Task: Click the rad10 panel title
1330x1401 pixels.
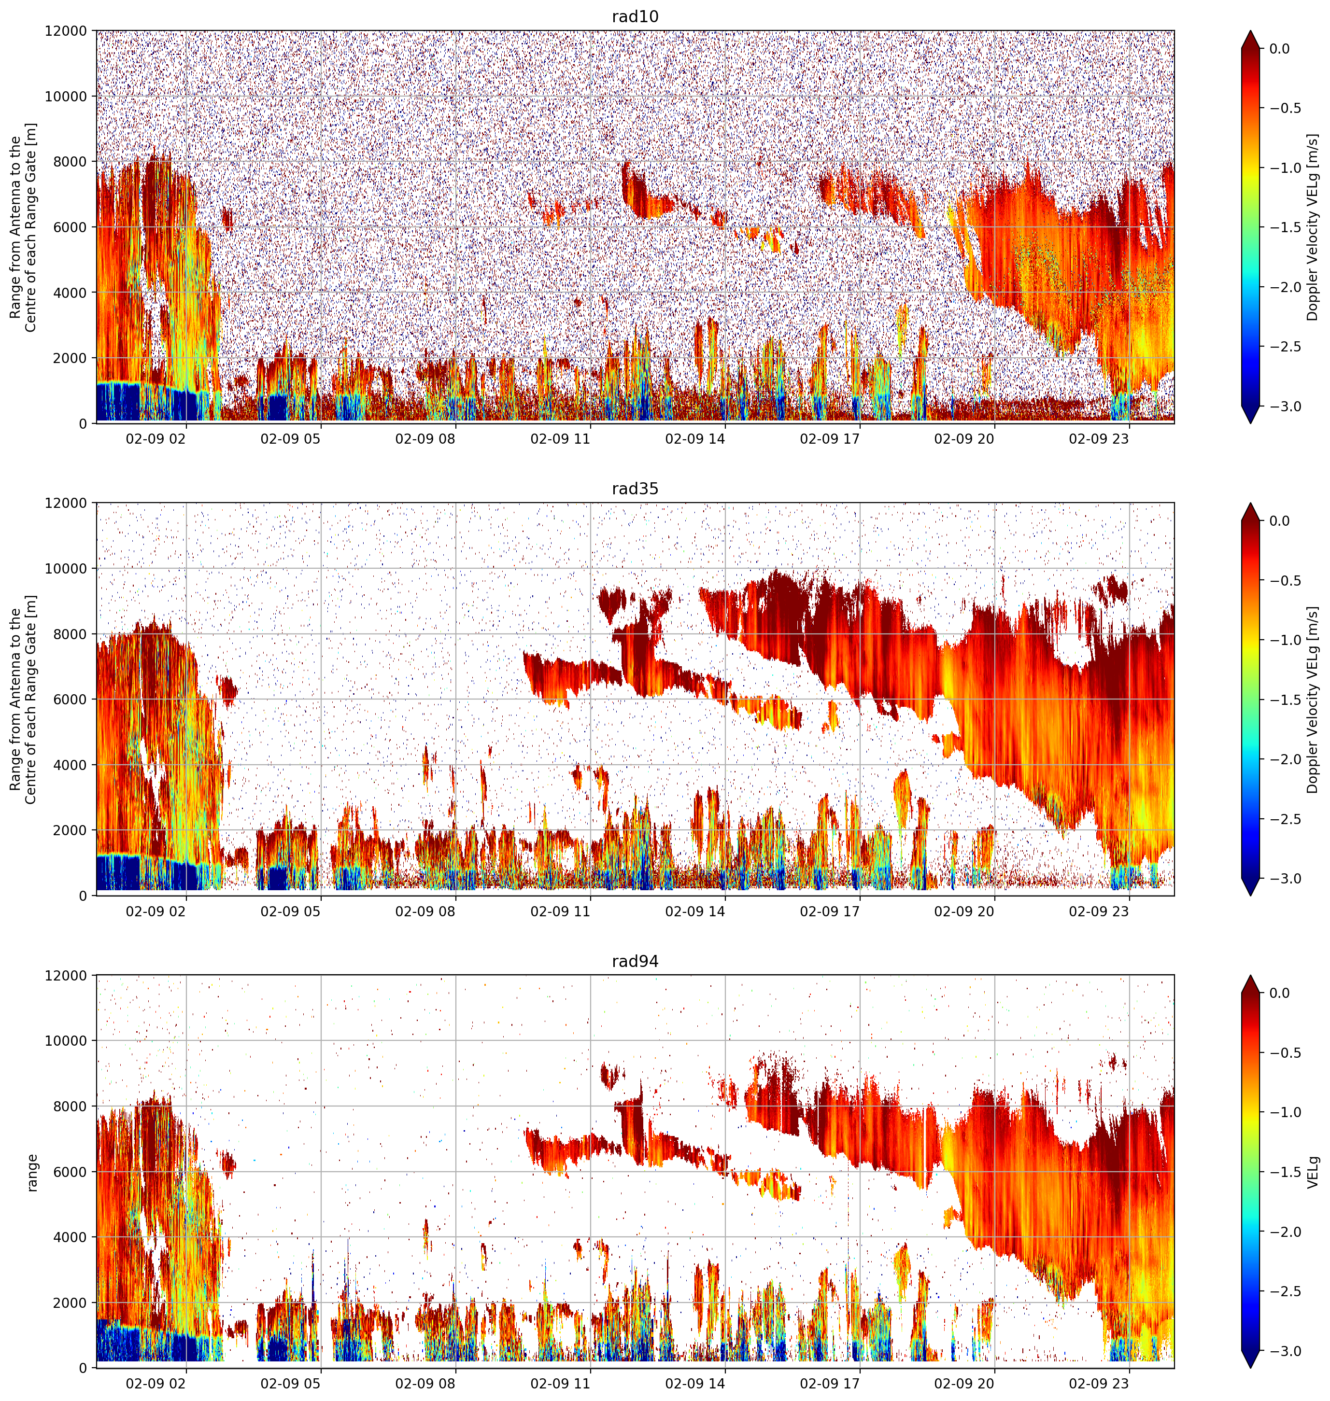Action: pos(635,17)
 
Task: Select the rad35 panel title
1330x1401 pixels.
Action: pos(635,489)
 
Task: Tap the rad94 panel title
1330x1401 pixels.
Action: pos(635,962)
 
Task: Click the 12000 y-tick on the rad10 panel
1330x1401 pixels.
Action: pos(66,31)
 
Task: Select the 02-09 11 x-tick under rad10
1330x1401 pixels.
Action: pos(560,439)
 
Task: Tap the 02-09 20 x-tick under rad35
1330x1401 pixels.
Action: pos(964,911)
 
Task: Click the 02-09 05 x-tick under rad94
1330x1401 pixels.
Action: pos(291,1383)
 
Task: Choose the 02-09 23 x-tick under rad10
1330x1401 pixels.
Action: pos(1099,439)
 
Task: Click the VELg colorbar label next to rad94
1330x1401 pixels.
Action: pos(1314,1172)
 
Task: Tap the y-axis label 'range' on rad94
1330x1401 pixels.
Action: pos(32,1173)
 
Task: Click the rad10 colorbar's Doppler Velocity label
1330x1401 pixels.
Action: pos(1313,227)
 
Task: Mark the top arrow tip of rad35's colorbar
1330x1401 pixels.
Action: pos(1251,503)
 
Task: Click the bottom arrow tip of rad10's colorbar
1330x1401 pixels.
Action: pos(1251,424)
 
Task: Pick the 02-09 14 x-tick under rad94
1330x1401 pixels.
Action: pos(695,1383)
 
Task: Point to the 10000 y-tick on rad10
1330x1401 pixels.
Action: pos(66,97)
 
